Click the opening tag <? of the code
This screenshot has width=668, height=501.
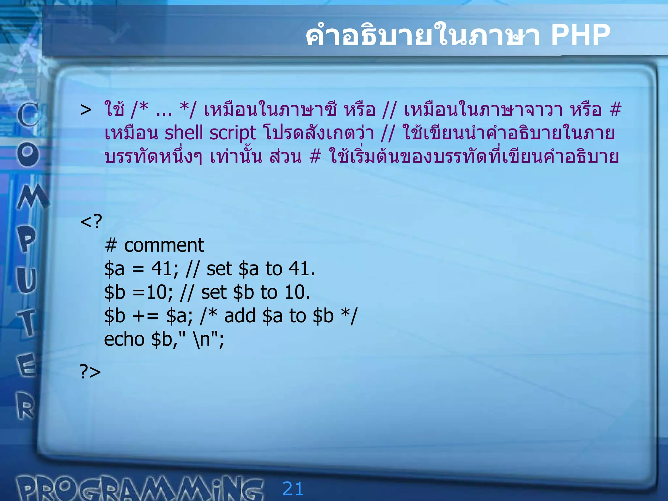coord(91,221)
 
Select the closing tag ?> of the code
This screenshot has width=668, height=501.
coord(90,372)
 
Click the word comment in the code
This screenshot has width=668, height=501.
coord(164,245)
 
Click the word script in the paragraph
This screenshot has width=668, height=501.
coord(233,133)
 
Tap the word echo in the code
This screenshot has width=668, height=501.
coord(124,339)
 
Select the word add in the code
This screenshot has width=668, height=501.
coord(240,316)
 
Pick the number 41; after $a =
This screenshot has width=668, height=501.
coord(165,269)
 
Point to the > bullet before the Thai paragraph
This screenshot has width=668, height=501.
coord(86,110)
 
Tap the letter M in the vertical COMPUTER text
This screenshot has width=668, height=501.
coord(32,197)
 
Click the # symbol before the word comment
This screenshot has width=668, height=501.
coord(111,245)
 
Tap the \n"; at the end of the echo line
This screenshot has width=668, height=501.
coord(209,339)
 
